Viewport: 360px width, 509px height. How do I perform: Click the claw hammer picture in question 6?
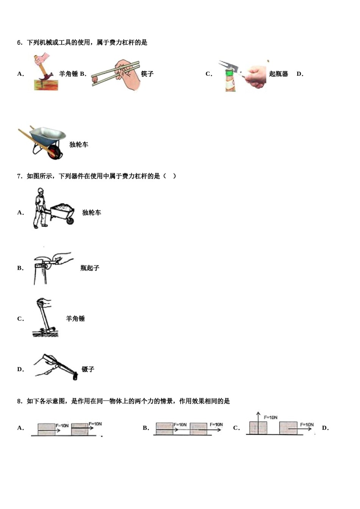[45, 72]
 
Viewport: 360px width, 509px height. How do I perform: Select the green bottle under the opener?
[230, 81]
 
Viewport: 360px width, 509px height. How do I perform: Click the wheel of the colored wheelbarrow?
[55, 152]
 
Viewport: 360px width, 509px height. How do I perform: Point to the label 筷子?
[147, 74]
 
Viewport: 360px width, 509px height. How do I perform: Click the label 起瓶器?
[279, 74]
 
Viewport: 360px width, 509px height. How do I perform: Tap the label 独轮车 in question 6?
[79, 144]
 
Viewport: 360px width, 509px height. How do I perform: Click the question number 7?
[20, 176]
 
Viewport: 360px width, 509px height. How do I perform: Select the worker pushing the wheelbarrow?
[40, 208]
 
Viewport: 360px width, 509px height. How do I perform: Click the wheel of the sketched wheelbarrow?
[70, 220]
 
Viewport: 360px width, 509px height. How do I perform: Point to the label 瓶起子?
[90, 268]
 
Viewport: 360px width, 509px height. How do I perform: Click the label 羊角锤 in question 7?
[75, 319]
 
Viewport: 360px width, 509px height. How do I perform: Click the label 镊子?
[88, 369]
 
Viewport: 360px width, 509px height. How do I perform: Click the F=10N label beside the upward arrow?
[271, 417]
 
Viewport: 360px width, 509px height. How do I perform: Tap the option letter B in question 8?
[146, 428]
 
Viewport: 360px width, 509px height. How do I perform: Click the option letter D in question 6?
[300, 74]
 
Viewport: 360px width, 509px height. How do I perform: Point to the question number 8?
[20, 401]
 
